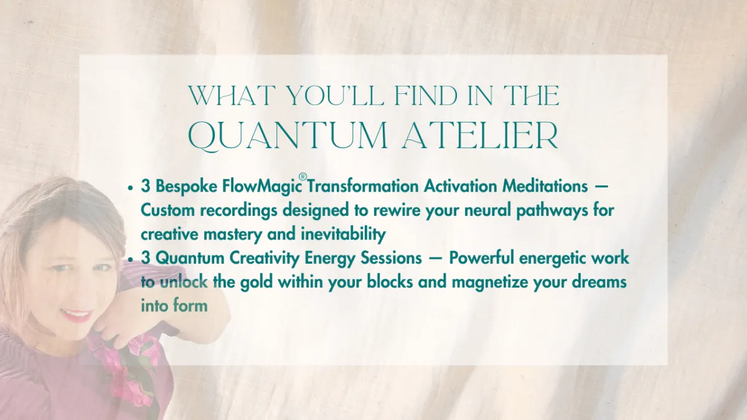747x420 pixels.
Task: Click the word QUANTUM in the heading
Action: tap(288, 136)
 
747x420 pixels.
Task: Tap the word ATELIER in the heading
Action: tap(480, 136)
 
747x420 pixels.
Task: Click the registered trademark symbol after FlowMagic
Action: tap(302, 177)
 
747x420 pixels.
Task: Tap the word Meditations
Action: tap(545, 186)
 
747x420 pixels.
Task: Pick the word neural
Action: tap(488, 210)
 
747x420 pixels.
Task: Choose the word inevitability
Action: tap(343, 235)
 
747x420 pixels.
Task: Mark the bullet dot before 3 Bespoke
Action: tap(130, 188)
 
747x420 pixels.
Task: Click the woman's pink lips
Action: tap(76, 315)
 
